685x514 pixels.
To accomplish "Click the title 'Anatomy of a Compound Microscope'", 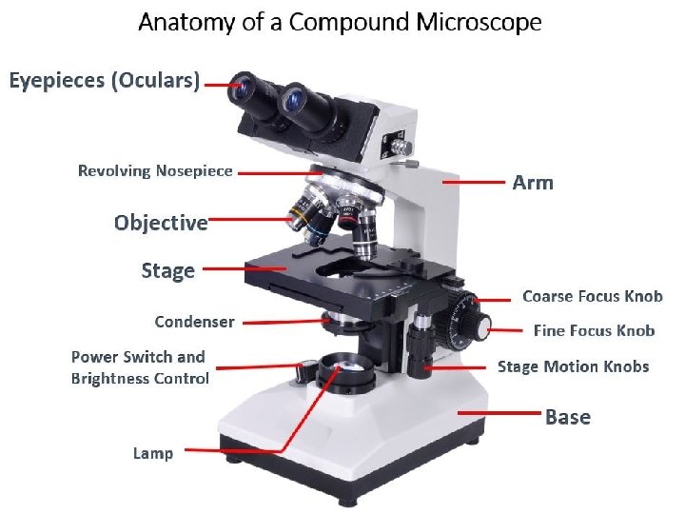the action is (340, 22).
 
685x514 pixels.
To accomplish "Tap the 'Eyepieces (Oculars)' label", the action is (105, 81).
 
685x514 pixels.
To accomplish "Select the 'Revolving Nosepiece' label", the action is (155, 171).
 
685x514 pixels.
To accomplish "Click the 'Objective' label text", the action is (161, 223).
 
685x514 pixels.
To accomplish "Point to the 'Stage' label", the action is (167, 270).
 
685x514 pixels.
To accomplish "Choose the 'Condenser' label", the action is (194, 322).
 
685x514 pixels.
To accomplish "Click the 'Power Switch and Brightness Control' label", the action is (140, 367).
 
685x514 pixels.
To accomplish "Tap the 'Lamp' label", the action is (153, 453).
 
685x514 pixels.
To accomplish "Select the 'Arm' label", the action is (533, 182).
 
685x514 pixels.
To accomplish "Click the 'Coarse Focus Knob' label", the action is (592, 296).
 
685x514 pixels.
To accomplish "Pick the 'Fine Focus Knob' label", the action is (594, 331).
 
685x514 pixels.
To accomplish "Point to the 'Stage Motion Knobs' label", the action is (574, 366).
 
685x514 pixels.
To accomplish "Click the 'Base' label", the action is (568, 417).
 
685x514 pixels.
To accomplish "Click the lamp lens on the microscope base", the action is (345, 365).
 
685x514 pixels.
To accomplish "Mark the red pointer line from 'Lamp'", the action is (233, 449).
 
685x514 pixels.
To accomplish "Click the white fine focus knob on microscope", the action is (483, 328).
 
